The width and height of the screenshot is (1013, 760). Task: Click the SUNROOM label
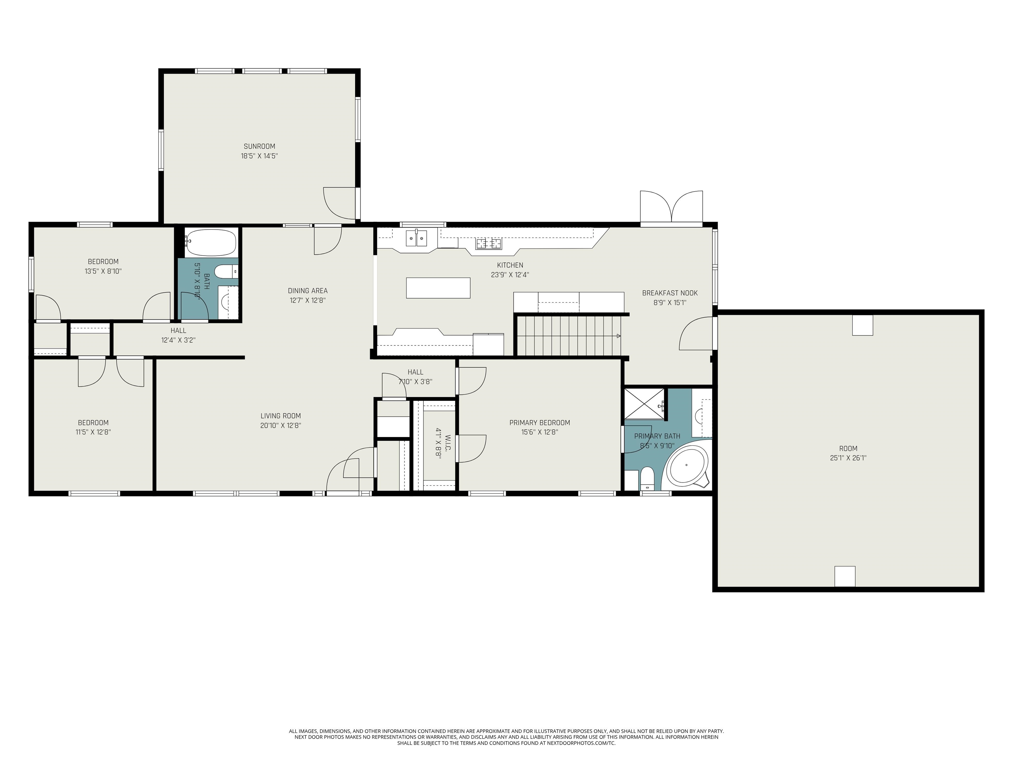pyautogui.click(x=259, y=146)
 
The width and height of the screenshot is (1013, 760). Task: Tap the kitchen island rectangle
pyautogui.click(x=438, y=288)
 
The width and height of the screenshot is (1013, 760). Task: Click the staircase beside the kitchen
pyautogui.click(x=569, y=336)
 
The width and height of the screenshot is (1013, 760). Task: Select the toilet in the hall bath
pyautogui.click(x=226, y=272)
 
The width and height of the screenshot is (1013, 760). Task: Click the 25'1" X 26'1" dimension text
pyautogui.click(x=848, y=458)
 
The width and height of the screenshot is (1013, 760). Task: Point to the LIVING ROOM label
pyautogui.click(x=281, y=416)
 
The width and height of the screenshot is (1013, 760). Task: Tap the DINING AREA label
pyautogui.click(x=308, y=291)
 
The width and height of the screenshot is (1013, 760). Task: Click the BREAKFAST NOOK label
pyautogui.click(x=670, y=293)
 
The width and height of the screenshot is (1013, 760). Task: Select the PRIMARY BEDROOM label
pyautogui.click(x=540, y=423)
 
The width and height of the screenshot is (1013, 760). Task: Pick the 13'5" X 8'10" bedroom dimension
pyautogui.click(x=103, y=271)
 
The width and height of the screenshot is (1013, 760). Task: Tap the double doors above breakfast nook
pyautogui.click(x=671, y=207)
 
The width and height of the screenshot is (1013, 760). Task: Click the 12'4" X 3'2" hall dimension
pyautogui.click(x=179, y=340)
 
